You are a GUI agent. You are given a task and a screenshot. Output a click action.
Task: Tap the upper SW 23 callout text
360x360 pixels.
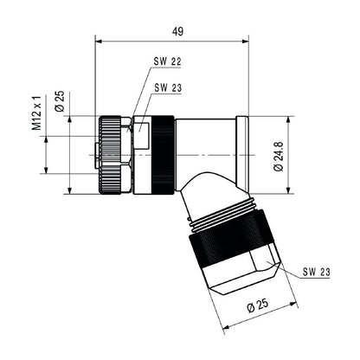pyautogui.click(x=168, y=87)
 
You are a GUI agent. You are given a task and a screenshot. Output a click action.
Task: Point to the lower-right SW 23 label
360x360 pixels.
pyautogui.click(x=317, y=272)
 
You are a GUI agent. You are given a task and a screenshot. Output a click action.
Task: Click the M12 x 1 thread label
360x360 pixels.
pyautogui.click(x=37, y=112)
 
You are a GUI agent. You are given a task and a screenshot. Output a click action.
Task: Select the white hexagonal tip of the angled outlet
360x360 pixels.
pyautogui.click(x=243, y=276)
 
